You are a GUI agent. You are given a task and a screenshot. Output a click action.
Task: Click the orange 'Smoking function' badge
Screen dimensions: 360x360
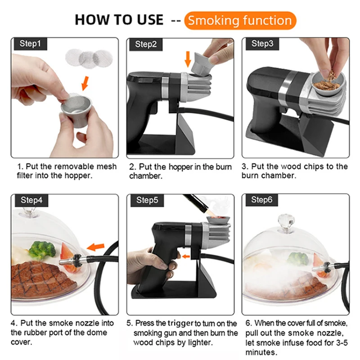pos(240,21)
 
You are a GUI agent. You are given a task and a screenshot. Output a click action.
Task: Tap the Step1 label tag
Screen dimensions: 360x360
pos(30,44)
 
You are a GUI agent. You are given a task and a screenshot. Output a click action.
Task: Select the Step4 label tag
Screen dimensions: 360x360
pos(31,200)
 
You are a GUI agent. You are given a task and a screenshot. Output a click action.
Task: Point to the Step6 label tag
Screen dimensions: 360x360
pos(262,200)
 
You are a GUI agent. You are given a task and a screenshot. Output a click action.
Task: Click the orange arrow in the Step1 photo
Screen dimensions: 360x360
pos(85,83)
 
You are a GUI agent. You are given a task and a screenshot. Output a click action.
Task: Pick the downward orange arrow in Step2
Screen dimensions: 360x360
pos(188,59)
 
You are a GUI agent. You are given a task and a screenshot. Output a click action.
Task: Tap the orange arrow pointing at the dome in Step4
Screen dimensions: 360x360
pos(96,247)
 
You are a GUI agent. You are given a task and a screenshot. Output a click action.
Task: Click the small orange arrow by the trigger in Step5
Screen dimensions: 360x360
pos(186,256)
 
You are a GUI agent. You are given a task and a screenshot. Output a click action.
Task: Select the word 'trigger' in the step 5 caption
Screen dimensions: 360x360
pos(181,323)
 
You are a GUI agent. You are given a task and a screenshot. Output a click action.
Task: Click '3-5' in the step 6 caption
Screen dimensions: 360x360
pos(342,342)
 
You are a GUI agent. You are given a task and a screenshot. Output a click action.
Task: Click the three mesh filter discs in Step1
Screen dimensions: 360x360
pos(89,58)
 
